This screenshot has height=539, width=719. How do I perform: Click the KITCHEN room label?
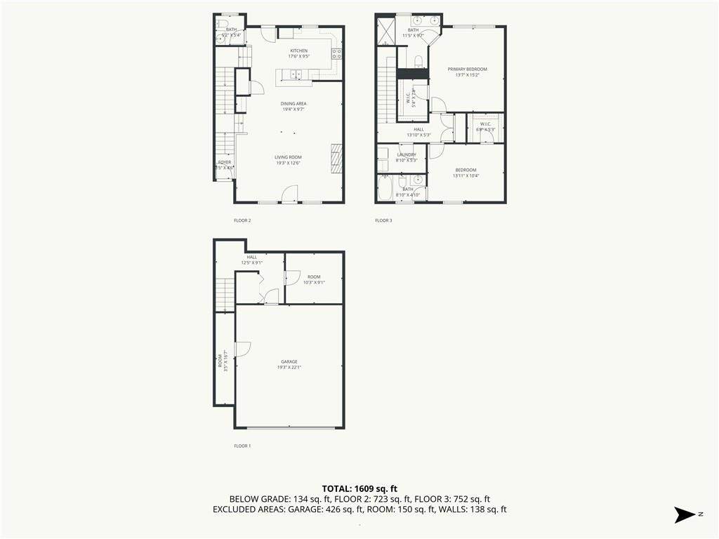point(299,51)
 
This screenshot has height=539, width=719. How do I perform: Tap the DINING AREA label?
point(294,103)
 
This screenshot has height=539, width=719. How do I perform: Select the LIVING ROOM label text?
point(288,157)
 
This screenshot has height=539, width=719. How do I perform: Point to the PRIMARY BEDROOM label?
point(468,69)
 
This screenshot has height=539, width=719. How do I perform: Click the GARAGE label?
point(289,361)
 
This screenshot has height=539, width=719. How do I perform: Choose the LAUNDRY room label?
point(407,154)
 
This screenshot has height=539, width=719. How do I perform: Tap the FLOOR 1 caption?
point(242,446)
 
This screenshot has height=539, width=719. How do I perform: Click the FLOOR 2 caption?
point(242,220)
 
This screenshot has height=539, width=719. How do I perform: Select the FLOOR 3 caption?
point(383,220)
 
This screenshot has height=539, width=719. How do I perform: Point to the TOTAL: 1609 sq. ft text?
point(359,488)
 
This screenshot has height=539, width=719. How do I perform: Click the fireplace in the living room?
point(336,158)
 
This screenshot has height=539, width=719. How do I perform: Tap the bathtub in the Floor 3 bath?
point(385,188)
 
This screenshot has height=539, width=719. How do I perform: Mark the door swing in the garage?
point(243,349)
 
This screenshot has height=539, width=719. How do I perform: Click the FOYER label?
point(224,162)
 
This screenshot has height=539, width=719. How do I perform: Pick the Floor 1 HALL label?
point(251,257)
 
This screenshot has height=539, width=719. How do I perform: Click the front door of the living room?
point(290,193)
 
